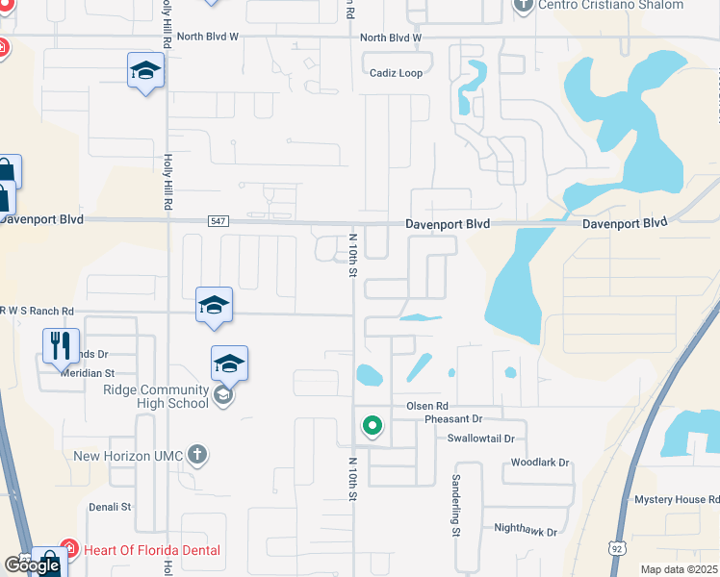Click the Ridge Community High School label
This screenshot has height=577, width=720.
156,396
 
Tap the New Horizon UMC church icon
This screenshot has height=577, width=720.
196,454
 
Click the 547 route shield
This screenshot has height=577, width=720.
218,221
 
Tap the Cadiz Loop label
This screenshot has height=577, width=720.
397,73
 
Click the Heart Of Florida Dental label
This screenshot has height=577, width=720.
151,550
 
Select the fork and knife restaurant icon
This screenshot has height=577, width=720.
60,344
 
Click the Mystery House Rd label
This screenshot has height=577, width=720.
676,499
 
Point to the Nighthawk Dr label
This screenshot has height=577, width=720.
526,529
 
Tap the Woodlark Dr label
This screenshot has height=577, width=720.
535,463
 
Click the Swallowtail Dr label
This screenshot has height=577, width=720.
481,438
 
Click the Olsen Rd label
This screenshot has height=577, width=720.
427,405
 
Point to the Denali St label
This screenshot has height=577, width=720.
109,506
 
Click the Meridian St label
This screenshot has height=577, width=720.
89,372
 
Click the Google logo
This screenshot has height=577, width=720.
32,565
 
